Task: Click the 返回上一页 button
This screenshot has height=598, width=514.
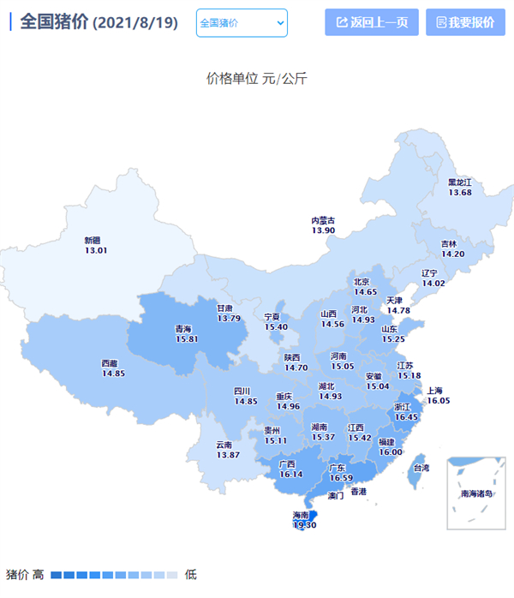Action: [372, 22]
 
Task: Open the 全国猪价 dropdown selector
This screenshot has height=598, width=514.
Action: [242, 22]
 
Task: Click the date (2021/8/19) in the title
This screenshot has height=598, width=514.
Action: [135, 22]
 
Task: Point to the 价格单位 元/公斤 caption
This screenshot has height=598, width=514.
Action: [257, 79]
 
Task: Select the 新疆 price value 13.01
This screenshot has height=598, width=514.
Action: [96, 250]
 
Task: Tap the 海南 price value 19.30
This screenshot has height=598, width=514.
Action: [305, 525]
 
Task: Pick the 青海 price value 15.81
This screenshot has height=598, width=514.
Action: [186, 339]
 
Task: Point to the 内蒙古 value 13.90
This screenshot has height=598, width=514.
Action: [323, 230]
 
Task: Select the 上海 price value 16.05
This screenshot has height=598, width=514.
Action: [439, 400]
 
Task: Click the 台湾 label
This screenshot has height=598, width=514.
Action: [421, 469]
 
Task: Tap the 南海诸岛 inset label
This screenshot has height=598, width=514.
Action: [476, 493]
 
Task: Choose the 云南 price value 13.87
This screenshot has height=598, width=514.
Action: [227, 455]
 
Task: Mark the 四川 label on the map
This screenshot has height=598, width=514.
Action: [245, 391]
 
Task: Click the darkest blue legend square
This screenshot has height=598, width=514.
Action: [56, 574]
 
